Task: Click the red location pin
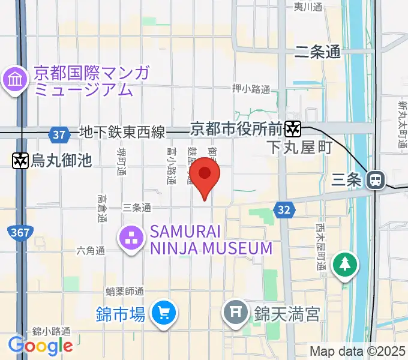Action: [205, 175]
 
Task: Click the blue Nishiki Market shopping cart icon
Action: [163, 314]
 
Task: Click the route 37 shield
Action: [59, 134]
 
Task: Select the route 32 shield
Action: [284, 209]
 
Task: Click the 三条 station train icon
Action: [376, 179]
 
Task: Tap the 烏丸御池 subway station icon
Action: [20, 160]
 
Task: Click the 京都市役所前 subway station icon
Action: [293, 128]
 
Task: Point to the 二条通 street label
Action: [317, 52]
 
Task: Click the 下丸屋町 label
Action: [299, 148]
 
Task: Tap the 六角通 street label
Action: [91, 250]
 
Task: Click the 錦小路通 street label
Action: [52, 331]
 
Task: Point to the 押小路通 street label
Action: [251, 89]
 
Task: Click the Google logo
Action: [40, 345]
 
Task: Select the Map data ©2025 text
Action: [358, 351]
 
